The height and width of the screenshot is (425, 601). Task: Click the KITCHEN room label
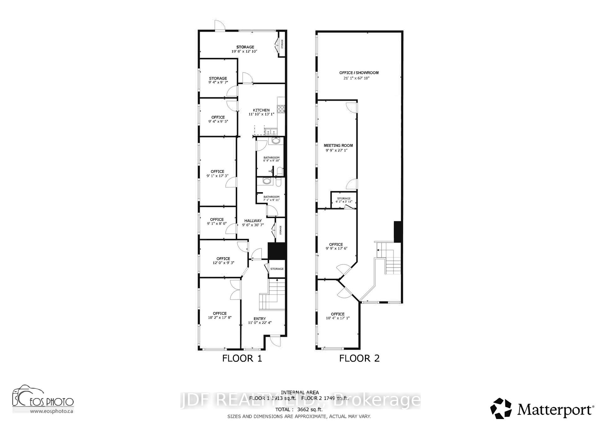tap(261, 110)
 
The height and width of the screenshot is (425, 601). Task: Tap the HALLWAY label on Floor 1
tap(253, 221)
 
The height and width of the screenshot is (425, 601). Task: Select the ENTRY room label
tap(260, 319)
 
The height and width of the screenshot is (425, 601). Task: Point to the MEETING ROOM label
tap(338, 146)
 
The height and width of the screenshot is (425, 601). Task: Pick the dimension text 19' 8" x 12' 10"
tap(244, 51)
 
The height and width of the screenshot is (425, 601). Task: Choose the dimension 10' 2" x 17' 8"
tap(219, 318)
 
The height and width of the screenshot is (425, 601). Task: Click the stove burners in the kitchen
tap(280, 109)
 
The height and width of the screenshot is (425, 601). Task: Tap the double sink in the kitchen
tap(270, 132)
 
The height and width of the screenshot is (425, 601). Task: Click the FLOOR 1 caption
tap(242, 358)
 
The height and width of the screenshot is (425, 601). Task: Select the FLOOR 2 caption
tap(359, 358)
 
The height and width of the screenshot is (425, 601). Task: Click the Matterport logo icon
tap(501, 408)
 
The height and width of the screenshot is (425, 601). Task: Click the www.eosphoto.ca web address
tap(52, 411)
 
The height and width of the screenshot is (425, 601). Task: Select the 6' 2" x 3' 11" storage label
tap(344, 202)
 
